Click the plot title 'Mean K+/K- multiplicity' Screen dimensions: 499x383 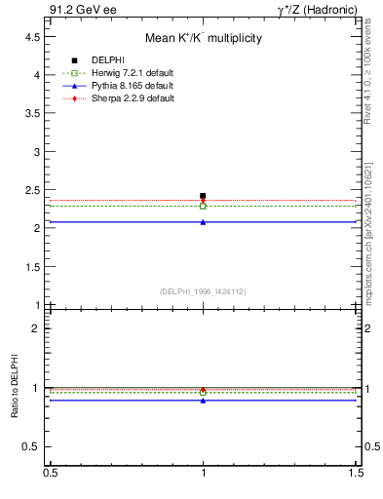pyautogui.click(x=203, y=39)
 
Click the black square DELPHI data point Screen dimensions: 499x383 pyautogui.click(x=203, y=196)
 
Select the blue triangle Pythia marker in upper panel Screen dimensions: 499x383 pyautogui.click(x=203, y=222)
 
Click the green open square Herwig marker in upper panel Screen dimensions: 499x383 pyautogui.click(x=203, y=206)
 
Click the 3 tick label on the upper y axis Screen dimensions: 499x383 pyautogui.click(x=36, y=151)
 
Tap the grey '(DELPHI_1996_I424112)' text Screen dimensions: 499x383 pyautogui.click(x=203, y=290)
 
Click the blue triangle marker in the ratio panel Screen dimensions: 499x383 pyautogui.click(x=203, y=401)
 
